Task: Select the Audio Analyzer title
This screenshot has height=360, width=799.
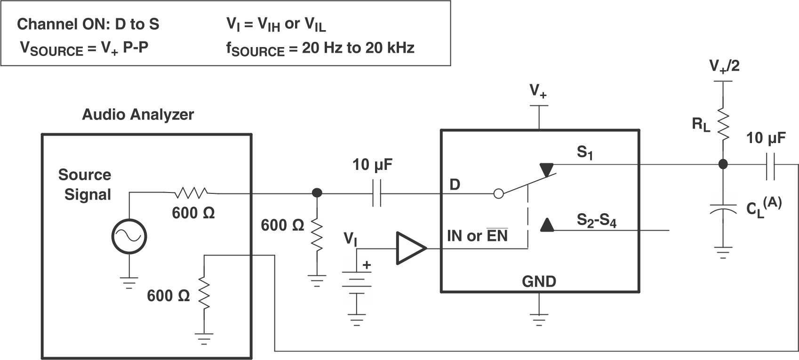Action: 138,114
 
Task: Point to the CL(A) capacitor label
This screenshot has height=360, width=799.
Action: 764,208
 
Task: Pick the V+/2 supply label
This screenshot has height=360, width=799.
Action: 724,66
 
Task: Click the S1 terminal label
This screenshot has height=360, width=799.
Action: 584,152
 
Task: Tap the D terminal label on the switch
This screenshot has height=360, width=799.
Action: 455,185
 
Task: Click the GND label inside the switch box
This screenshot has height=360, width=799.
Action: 539,281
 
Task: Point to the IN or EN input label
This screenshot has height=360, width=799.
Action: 477,235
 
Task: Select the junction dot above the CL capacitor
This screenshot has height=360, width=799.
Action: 723,164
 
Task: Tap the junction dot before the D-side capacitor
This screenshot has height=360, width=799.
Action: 317,192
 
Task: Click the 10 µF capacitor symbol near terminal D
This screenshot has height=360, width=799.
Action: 377,192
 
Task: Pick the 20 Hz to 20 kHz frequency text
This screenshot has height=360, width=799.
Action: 358,48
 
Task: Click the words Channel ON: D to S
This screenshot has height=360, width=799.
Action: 88,24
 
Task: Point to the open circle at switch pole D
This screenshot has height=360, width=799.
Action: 498,193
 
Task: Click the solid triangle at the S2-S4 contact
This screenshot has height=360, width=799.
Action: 546,225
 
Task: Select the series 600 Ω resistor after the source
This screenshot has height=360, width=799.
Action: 191,192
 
